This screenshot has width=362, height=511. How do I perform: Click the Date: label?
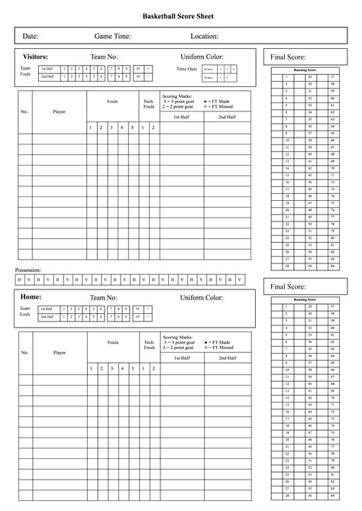click(x=31, y=36)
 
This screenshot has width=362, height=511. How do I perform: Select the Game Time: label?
click(x=112, y=36)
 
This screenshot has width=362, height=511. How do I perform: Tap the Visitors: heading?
click(x=36, y=57)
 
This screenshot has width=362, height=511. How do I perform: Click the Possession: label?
click(x=28, y=270)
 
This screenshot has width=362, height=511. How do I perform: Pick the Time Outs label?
click(x=186, y=70)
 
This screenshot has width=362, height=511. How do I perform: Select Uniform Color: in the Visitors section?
click(x=202, y=57)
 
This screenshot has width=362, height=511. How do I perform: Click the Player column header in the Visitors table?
click(x=60, y=111)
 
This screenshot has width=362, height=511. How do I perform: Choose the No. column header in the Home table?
click(x=24, y=352)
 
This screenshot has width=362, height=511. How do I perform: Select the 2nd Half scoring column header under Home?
click(x=227, y=357)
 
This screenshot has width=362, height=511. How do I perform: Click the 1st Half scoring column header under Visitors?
click(x=182, y=117)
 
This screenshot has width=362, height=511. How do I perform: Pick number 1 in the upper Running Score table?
click(x=286, y=77)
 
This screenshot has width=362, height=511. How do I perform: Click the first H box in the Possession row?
click(x=19, y=280)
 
